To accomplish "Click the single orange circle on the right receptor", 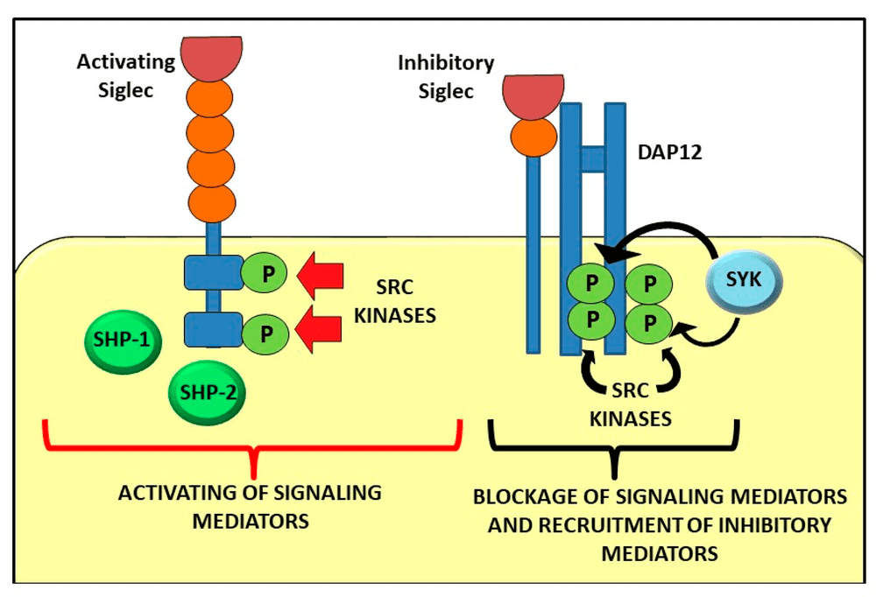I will [533, 137].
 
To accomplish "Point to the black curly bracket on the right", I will [612, 441].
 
